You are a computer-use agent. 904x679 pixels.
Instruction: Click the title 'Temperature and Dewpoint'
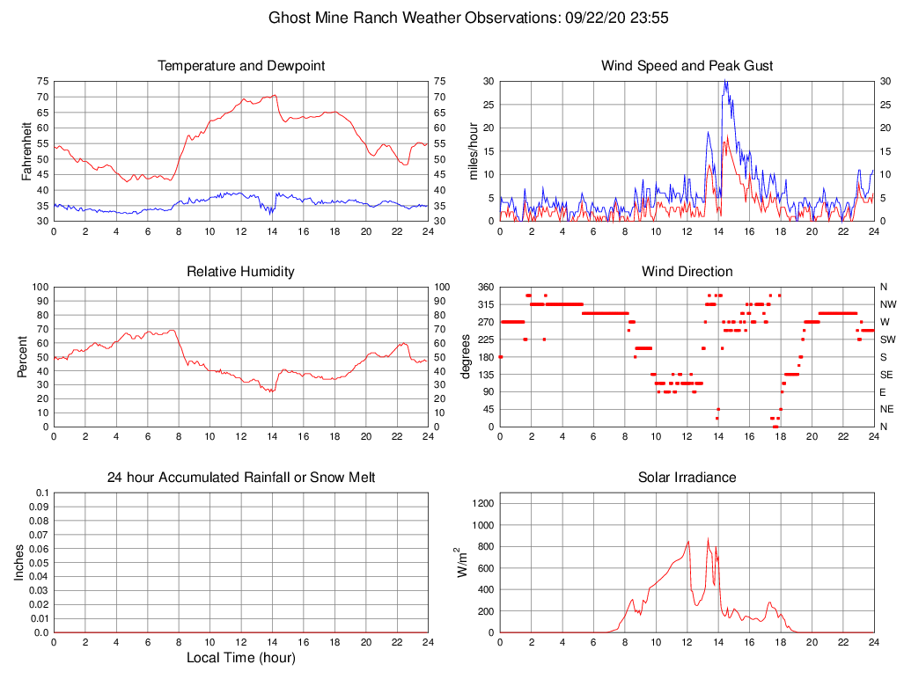[240, 66]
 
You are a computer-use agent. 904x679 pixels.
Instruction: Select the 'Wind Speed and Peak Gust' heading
[687, 66]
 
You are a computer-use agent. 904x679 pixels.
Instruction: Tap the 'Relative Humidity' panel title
[240, 272]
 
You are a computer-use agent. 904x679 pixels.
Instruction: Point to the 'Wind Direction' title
[687, 272]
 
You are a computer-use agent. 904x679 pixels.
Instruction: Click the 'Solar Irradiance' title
[687, 478]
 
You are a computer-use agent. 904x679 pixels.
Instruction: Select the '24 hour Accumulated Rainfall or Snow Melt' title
[240, 478]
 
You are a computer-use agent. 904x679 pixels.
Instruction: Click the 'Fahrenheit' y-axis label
[26, 150]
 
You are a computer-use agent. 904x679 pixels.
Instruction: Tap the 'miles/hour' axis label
[473, 150]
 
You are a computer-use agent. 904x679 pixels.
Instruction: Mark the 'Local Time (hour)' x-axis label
[240, 658]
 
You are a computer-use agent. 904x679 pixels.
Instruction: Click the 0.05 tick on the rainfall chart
[39, 563]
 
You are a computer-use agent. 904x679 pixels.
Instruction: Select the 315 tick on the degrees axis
[484, 304]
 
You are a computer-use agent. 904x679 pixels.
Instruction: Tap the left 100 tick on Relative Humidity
[39, 288]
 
